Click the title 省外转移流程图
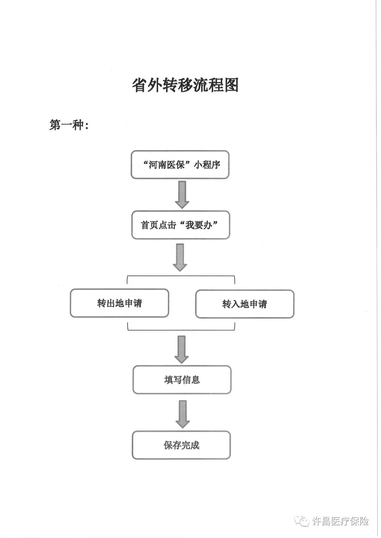pos(185,85)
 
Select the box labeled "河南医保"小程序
pos(180,165)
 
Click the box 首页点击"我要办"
pos(181,225)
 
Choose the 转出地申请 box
pos(119,303)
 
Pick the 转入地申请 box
pos(245,304)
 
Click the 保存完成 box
pos(181,445)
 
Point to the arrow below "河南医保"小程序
pos(182,195)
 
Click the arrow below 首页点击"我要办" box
pos(180,258)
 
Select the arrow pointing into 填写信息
pos(181,350)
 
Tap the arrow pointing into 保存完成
pos(183,414)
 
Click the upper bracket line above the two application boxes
pos(181,276)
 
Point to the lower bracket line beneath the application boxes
pos(181,330)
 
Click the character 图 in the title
pos(231,85)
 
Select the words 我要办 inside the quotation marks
pos(199,225)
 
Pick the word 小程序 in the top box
pos(207,165)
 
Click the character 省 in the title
pos(139,85)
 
